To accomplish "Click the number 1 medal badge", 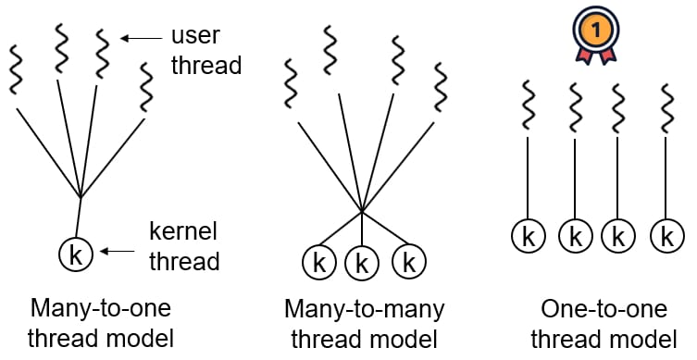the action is pyautogui.click(x=596, y=34).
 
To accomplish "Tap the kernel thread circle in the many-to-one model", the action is pyautogui.click(x=76, y=255).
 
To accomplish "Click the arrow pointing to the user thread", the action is pyautogui.click(x=142, y=39).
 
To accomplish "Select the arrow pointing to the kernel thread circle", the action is pyautogui.click(x=118, y=252).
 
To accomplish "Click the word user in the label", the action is pyautogui.click(x=195, y=35).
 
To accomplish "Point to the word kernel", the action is pyautogui.click(x=183, y=231).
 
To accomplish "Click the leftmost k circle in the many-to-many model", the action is pyautogui.click(x=319, y=262).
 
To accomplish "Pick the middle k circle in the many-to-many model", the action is pyautogui.click(x=362, y=264).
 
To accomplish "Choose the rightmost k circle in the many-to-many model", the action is pyautogui.click(x=409, y=261).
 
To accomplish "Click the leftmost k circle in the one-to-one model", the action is pyautogui.click(x=529, y=236).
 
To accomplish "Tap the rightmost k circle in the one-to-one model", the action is pyautogui.click(x=666, y=236).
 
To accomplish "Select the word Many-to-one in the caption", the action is pyautogui.click(x=101, y=308).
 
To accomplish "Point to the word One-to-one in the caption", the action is pyautogui.click(x=604, y=308).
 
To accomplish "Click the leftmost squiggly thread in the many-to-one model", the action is pyautogui.click(x=16, y=69).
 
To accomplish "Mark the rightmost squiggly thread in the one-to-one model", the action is pyautogui.click(x=667, y=108).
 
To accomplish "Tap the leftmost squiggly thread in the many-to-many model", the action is pyautogui.click(x=291, y=83).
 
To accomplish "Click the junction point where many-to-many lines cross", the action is pyautogui.click(x=362, y=210).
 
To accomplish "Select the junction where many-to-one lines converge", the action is pyautogui.click(x=81, y=196).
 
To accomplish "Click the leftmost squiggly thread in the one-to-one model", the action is pyautogui.click(x=528, y=106).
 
